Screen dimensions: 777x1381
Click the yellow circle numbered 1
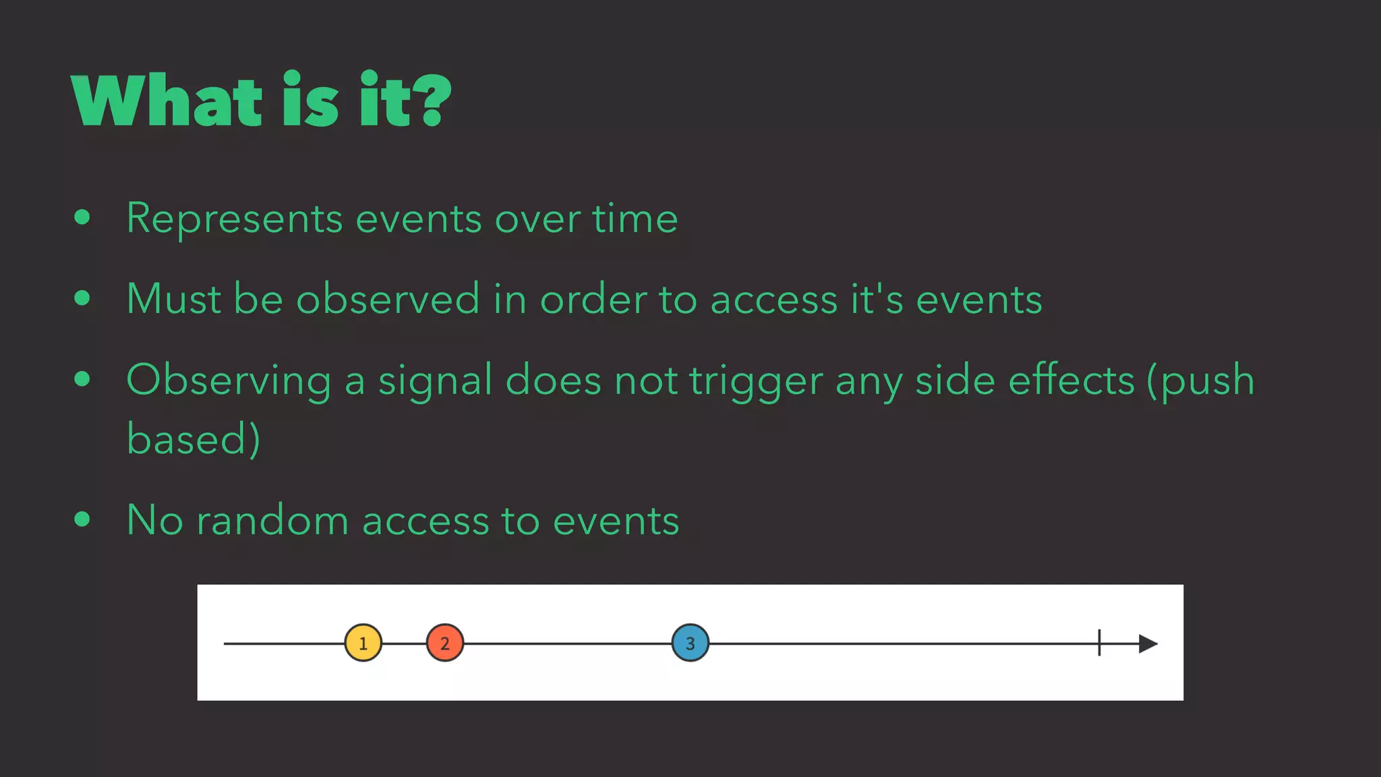pyautogui.click(x=363, y=643)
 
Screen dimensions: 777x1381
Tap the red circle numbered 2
pyautogui.click(x=445, y=643)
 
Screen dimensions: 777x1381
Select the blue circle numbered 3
pyautogui.click(x=690, y=643)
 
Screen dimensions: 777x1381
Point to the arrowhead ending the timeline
pyautogui.click(x=1148, y=643)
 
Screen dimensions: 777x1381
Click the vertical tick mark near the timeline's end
pyautogui.click(x=1099, y=642)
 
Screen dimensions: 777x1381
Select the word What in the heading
pyautogui.click(x=166, y=101)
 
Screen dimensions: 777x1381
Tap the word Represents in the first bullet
pyautogui.click(x=235, y=219)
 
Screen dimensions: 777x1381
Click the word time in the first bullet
pyautogui.click(x=635, y=219)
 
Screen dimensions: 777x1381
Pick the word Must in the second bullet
pyautogui.click(x=173, y=299)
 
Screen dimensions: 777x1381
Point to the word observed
pyautogui.click(x=388, y=299)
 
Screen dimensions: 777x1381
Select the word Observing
pyautogui.click(x=229, y=381)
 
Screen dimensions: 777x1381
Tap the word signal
pyautogui.click(x=436, y=381)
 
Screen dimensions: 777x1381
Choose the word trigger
pyautogui.click(x=756, y=381)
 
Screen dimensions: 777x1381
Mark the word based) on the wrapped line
pyautogui.click(x=194, y=438)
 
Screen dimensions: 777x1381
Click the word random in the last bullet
pyautogui.click(x=272, y=521)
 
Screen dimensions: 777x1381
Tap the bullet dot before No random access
pyautogui.click(x=82, y=519)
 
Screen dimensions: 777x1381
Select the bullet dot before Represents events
pyautogui.click(x=82, y=217)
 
